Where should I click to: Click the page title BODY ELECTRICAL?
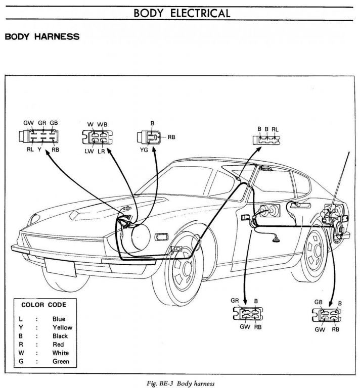(179, 13)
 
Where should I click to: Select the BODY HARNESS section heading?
(41, 37)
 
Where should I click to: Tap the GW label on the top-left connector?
(29, 123)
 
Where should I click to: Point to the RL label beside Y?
(29, 150)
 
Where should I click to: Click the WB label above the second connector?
(103, 124)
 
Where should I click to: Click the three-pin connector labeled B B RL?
(266, 138)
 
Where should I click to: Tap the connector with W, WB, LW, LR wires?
(97, 137)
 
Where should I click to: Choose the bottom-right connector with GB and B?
(327, 316)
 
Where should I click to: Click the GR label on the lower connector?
(235, 301)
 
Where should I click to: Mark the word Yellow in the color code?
(62, 327)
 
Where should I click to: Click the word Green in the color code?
(61, 362)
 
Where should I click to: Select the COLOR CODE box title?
(43, 305)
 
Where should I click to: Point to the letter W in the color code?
(21, 353)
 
